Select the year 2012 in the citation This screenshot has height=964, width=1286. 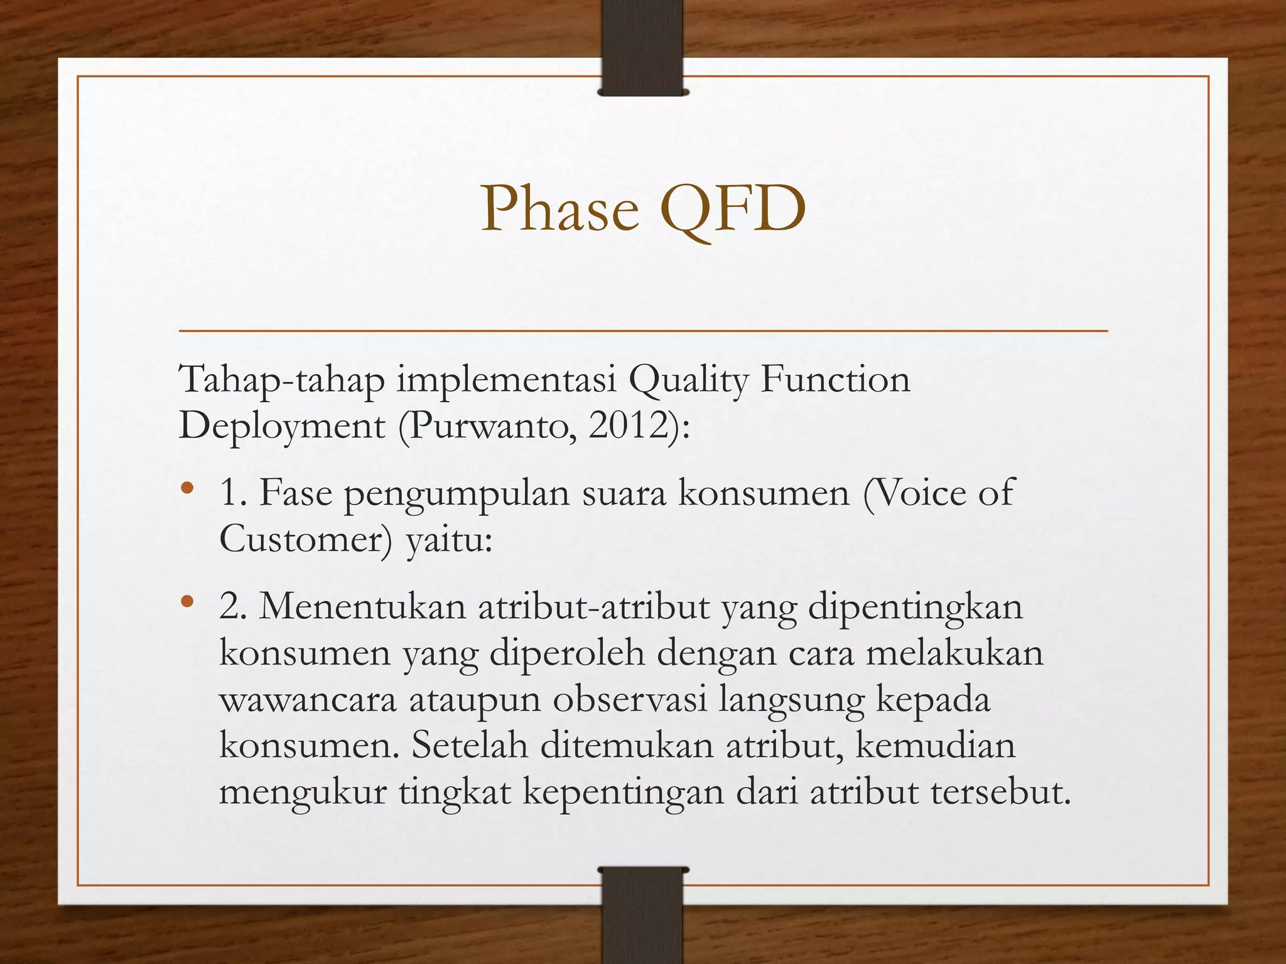(x=629, y=426)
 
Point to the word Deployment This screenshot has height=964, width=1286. (x=281, y=427)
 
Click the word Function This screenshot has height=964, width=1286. (x=835, y=380)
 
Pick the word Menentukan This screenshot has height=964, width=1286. (x=362, y=607)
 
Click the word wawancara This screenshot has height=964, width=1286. (x=308, y=700)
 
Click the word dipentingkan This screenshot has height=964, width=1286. (x=915, y=607)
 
